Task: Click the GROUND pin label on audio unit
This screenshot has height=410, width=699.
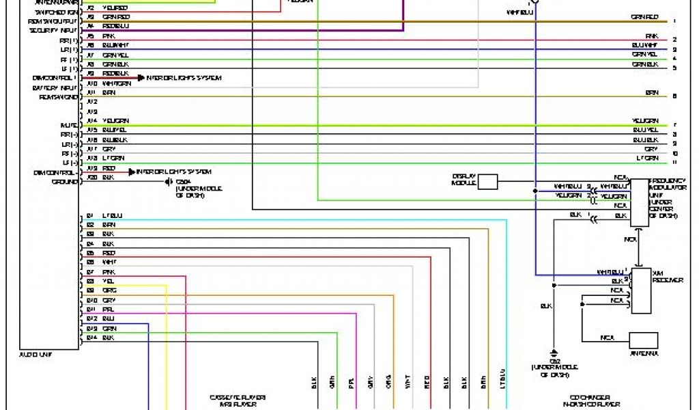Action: [x=65, y=182]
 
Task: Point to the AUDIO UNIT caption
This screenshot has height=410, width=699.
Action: [x=37, y=355]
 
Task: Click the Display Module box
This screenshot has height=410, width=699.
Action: [x=487, y=181]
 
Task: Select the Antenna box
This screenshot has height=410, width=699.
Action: [x=643, y=340]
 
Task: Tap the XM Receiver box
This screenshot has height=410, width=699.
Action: [x=641, y=290]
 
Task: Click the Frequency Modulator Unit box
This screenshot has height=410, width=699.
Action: [x=640, y=202]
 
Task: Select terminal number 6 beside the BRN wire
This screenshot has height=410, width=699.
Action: [x=674, y=96]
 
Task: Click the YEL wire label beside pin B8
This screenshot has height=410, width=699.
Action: [x=108, y=281]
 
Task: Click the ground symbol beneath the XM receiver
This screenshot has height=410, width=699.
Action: [x=555, y=350]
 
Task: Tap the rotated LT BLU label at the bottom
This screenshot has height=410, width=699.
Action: [x=502, y=380]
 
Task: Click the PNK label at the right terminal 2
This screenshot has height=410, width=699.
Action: [x=651, y=36]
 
